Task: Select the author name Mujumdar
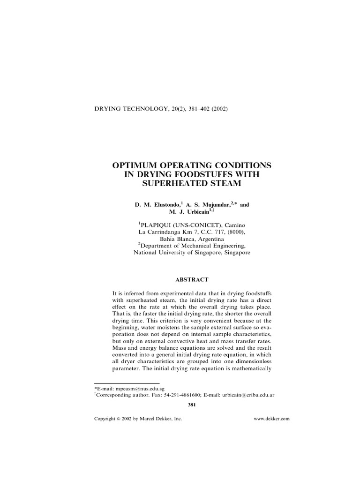[x=215, y=205]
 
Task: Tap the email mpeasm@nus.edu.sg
[x=139, y=389]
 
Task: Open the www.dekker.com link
[x=271, y=419]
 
